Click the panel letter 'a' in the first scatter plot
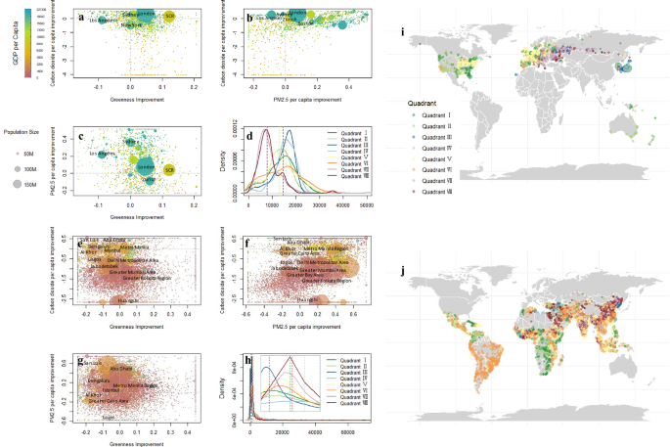click(80, 17)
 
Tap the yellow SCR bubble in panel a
click(169, 17)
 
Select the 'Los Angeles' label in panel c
click(100, 154)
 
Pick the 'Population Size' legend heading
click(25, 130)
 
